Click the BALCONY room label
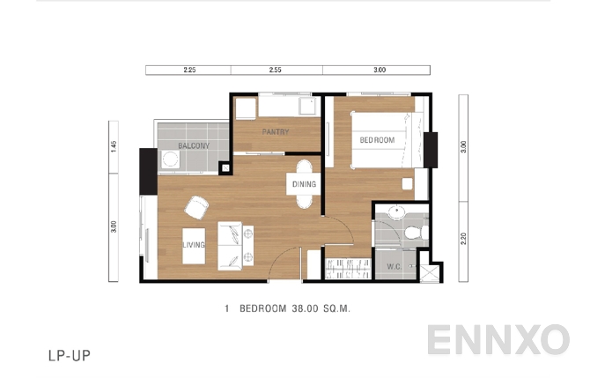[x=193, y=145]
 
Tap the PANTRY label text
[x=276, y=132]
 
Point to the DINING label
[x=305, y=184]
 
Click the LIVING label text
[x=194, y=244]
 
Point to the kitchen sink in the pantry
[x=307, y=107]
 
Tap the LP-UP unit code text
[x=70, y=357]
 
